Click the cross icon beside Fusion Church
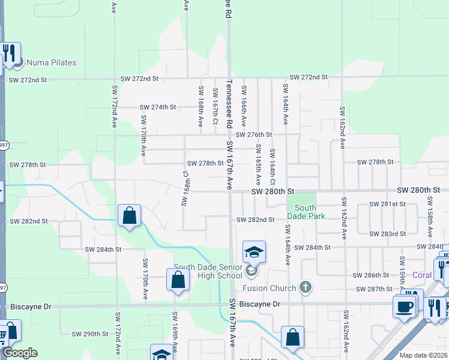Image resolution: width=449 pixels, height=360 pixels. point(306,287)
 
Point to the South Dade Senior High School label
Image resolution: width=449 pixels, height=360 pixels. point(208,271)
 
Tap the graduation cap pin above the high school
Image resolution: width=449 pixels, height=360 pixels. point(254,252)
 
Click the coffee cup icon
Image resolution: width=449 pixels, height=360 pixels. point(405,306)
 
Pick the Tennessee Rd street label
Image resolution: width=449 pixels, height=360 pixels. point(229,105)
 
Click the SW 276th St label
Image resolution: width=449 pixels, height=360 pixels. point(253,134)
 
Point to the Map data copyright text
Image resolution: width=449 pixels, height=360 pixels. point(414,355)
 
